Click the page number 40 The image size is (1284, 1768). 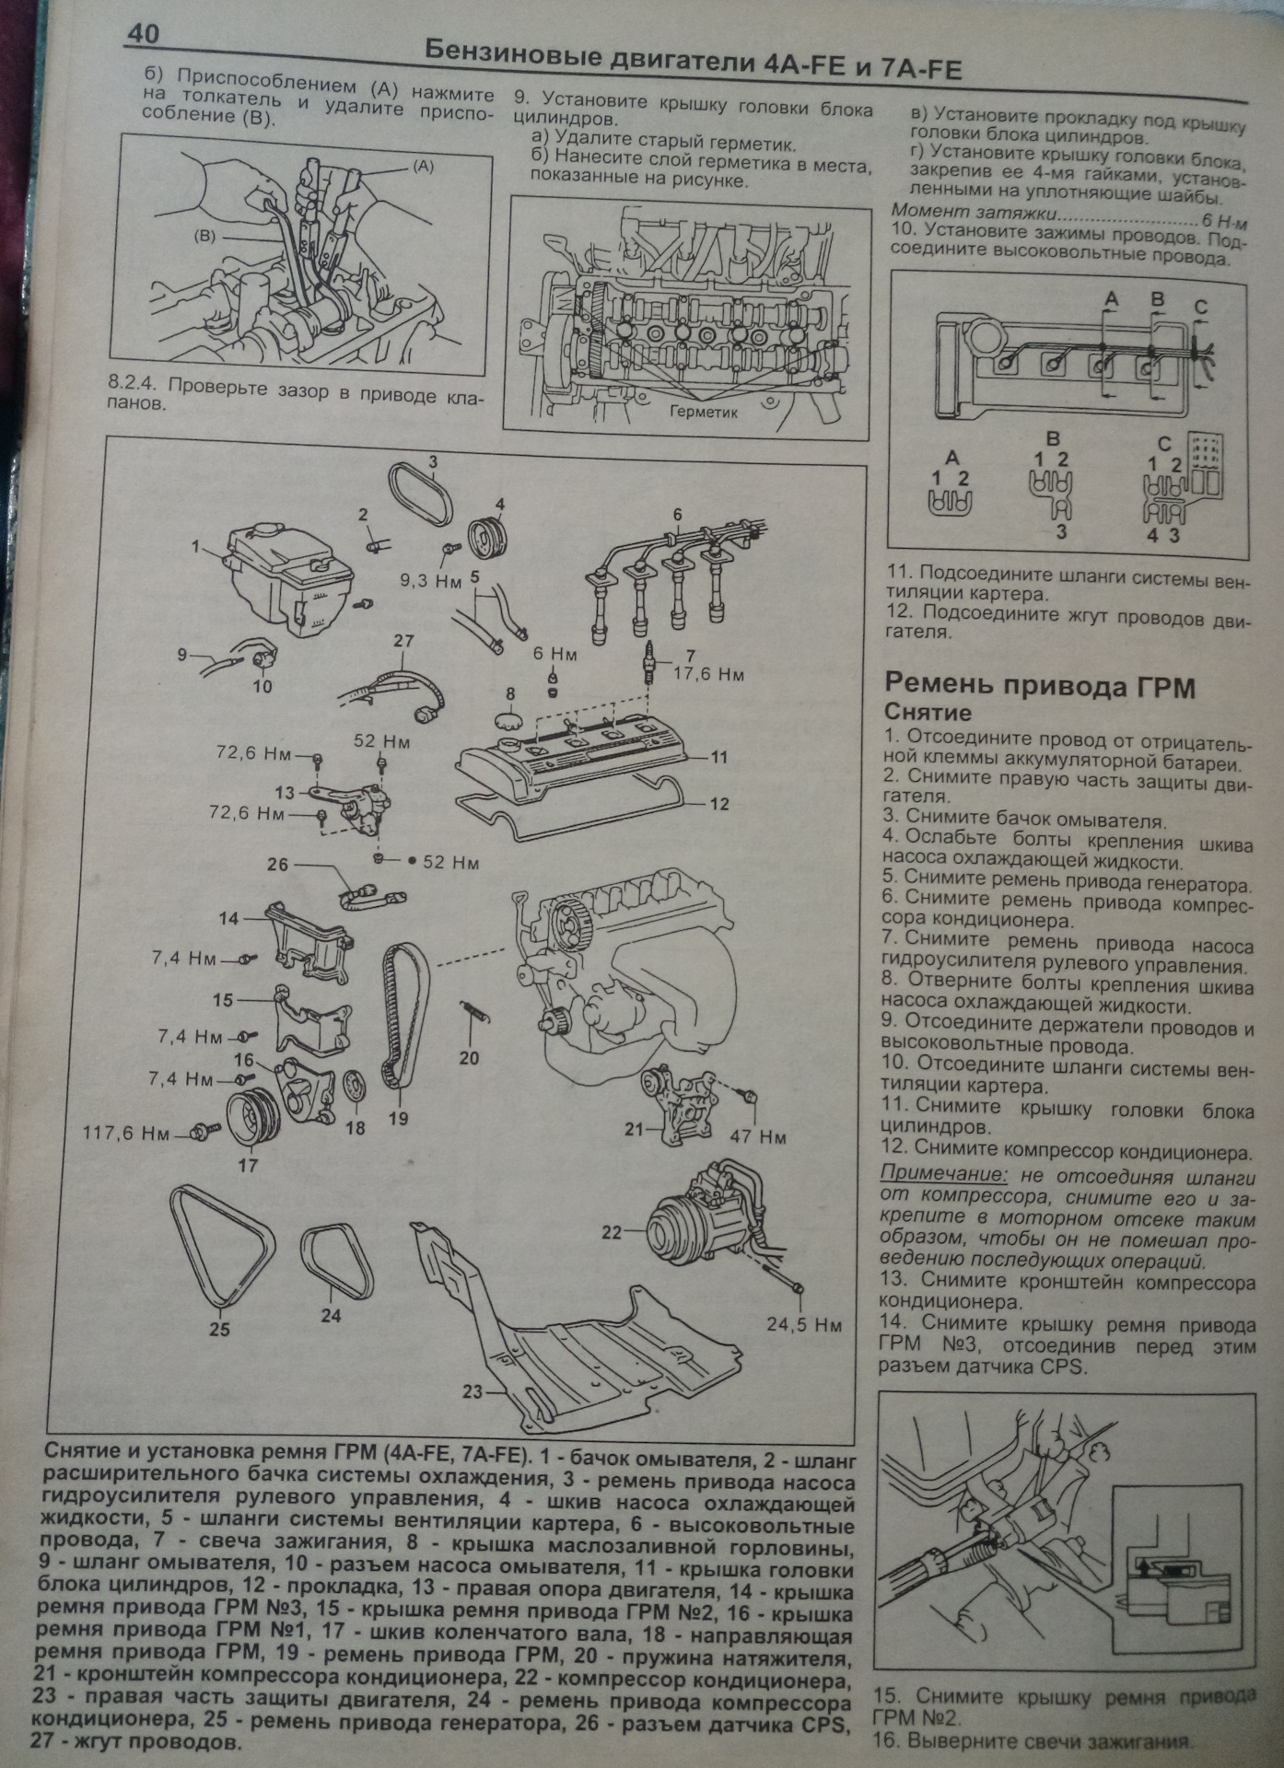click(x=143, y=35)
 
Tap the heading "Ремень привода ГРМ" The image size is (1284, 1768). click(x=1040, y=687)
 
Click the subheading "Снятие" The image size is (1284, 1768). click(x=928, y=713)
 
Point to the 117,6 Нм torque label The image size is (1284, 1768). click(x=127, y=1133)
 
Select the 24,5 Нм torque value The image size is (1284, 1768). click(x=804, y=1325)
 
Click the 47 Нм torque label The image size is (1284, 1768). click(x=759, y=1137)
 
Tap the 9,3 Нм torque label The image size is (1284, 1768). click(x=430, y=581)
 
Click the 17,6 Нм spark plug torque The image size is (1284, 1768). click(x=708, y=674)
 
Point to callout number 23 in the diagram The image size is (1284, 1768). click(x=473, y=1391)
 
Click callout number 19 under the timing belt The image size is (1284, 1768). click(x=398, y=1119)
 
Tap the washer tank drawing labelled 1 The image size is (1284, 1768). click(x=288, y=575)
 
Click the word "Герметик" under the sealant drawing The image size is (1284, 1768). click(x=705, y=413)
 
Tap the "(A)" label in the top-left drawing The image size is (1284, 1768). click(x=423, y=167)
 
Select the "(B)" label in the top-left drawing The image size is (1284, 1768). click(x=204, y=237)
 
